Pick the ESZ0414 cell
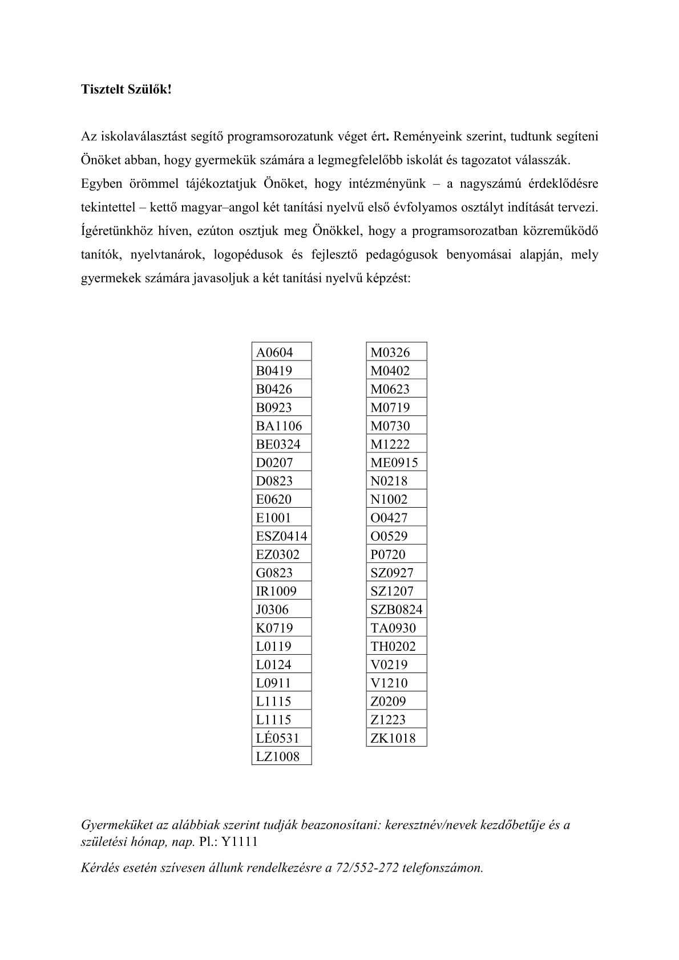tap(281, 536)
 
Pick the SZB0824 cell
tap(397, 610)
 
